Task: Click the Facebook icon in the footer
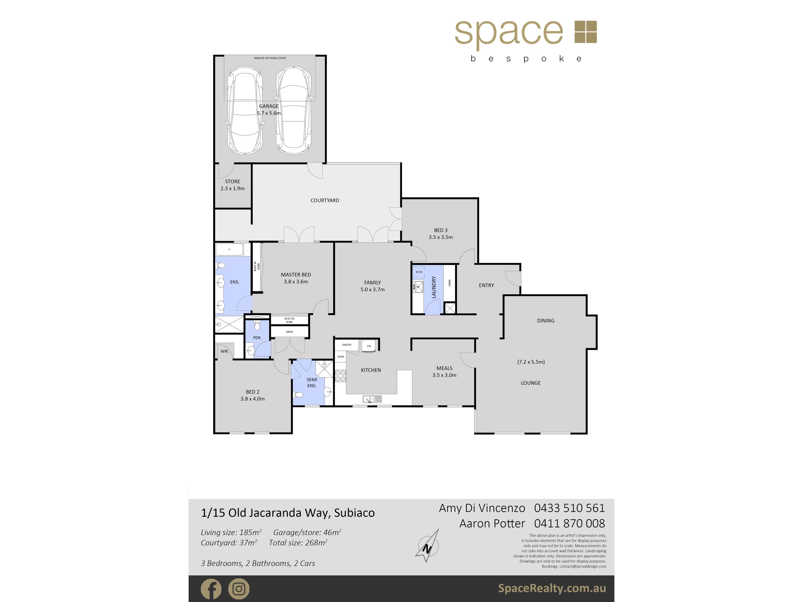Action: [211, 589]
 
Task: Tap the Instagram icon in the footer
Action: [239, 589]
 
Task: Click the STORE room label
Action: [232, 181]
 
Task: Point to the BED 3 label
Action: [441, 230]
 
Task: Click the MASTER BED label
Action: [296, 275]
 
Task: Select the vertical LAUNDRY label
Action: [433, 287]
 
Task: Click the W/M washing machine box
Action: [419, 272]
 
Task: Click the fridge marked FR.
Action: [369, 346]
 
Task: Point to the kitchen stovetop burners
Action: [340, 376]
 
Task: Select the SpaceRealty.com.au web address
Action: [552, 588]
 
